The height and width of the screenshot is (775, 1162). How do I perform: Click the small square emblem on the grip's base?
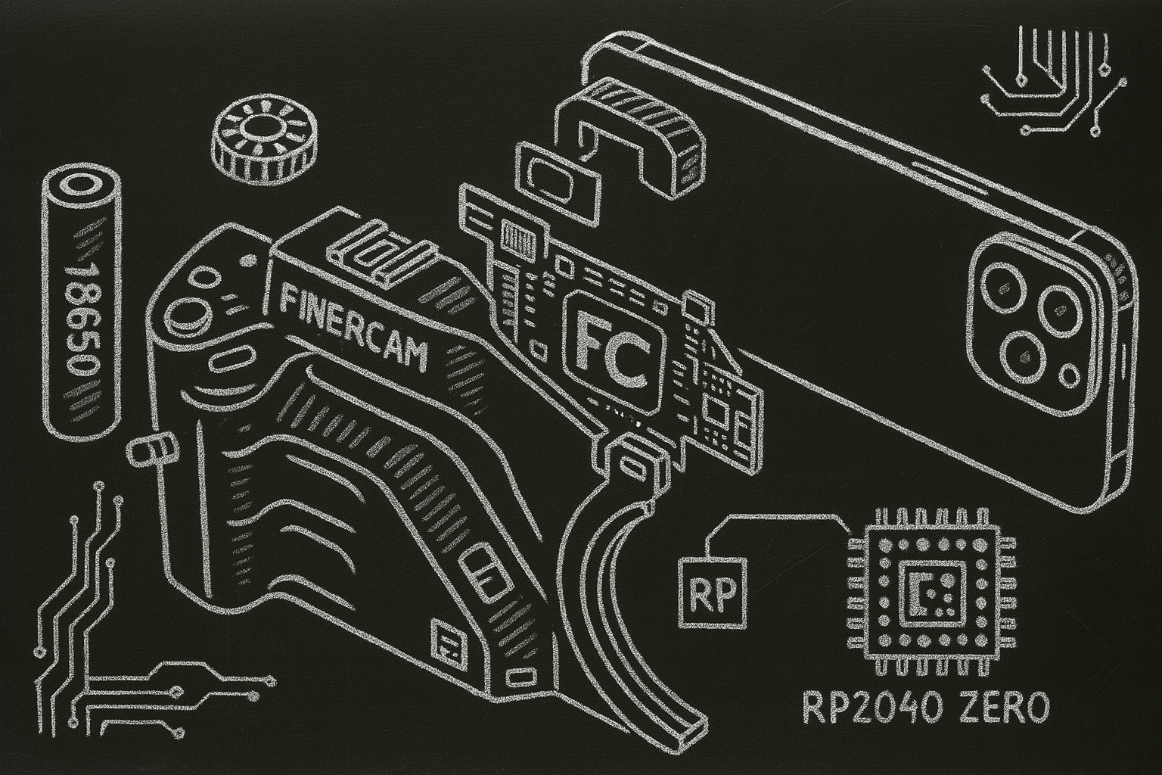click(x=449, y=643)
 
